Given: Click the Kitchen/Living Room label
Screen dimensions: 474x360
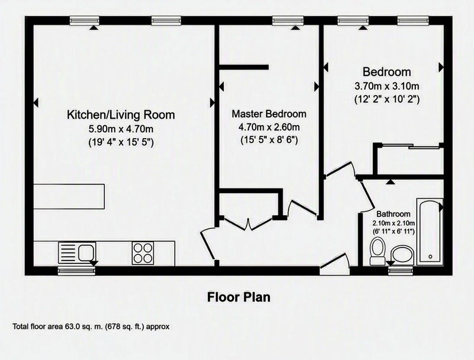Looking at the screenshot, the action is coord(121,115).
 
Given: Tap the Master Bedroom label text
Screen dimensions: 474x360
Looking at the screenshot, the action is coord(269,114).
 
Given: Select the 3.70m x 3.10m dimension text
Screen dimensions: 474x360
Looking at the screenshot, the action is coord(387,86).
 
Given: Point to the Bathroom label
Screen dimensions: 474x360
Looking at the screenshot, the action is coord(393,214).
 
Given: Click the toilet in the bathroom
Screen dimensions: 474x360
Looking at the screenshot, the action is coord(377,251).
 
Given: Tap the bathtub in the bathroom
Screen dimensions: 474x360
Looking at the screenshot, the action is coord(430,232).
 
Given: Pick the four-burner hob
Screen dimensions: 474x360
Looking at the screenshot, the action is coord(143,253).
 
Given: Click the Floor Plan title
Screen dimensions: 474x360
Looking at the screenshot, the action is coord(239,297).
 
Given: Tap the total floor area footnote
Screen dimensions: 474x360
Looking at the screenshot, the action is coord(91,327).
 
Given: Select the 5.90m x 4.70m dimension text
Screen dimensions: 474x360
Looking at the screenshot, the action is coord(121,129).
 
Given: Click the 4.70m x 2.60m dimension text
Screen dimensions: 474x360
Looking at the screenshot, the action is coord(269,127).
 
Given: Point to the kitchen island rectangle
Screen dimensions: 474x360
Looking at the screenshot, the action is coord(69,196).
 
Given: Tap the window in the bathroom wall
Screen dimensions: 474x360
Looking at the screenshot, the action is coord(401,271).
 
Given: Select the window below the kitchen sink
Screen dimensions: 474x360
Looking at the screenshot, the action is coord(77,271).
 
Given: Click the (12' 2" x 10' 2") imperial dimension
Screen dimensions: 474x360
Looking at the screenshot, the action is coord(387,99).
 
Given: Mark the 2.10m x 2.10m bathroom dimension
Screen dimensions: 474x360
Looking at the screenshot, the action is coord(393,224).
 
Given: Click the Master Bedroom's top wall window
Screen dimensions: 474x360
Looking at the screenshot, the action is coord(287,21).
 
